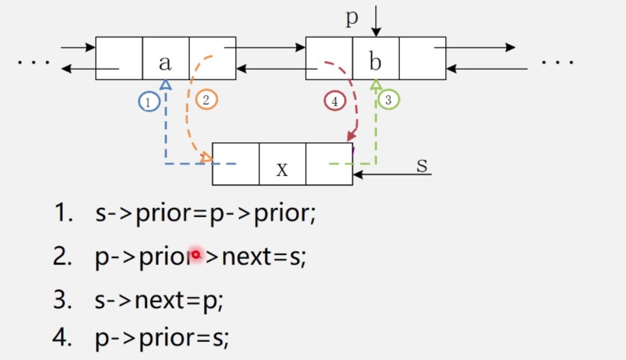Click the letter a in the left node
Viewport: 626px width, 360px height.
click(x=165, y=63)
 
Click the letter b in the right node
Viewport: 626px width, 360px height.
click(x=375, y=62)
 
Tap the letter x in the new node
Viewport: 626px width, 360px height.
click(x=282, y=169)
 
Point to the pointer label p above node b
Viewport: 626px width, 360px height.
click(x=352, y=18)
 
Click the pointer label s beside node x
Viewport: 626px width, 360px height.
click(x=422, y=165)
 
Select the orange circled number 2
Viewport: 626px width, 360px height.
click(x=206, y=100)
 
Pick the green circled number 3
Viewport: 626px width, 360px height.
click(x=389, y=100)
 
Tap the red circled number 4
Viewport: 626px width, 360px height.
click(x=334, y=101)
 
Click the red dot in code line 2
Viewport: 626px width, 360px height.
click(x=195, y=255)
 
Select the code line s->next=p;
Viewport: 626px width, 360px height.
click(x=158, y=301)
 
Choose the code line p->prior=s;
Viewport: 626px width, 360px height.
click(x=162, y=338)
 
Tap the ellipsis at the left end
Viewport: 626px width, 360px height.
click(x=33, y=62)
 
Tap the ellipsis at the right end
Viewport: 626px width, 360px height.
click(x=558, y=62)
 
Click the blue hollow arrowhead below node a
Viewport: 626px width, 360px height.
click(x=165, y=85)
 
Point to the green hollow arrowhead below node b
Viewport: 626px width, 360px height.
click(x=376, y=85)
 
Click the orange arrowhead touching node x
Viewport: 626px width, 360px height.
click(x=206, y=158)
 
